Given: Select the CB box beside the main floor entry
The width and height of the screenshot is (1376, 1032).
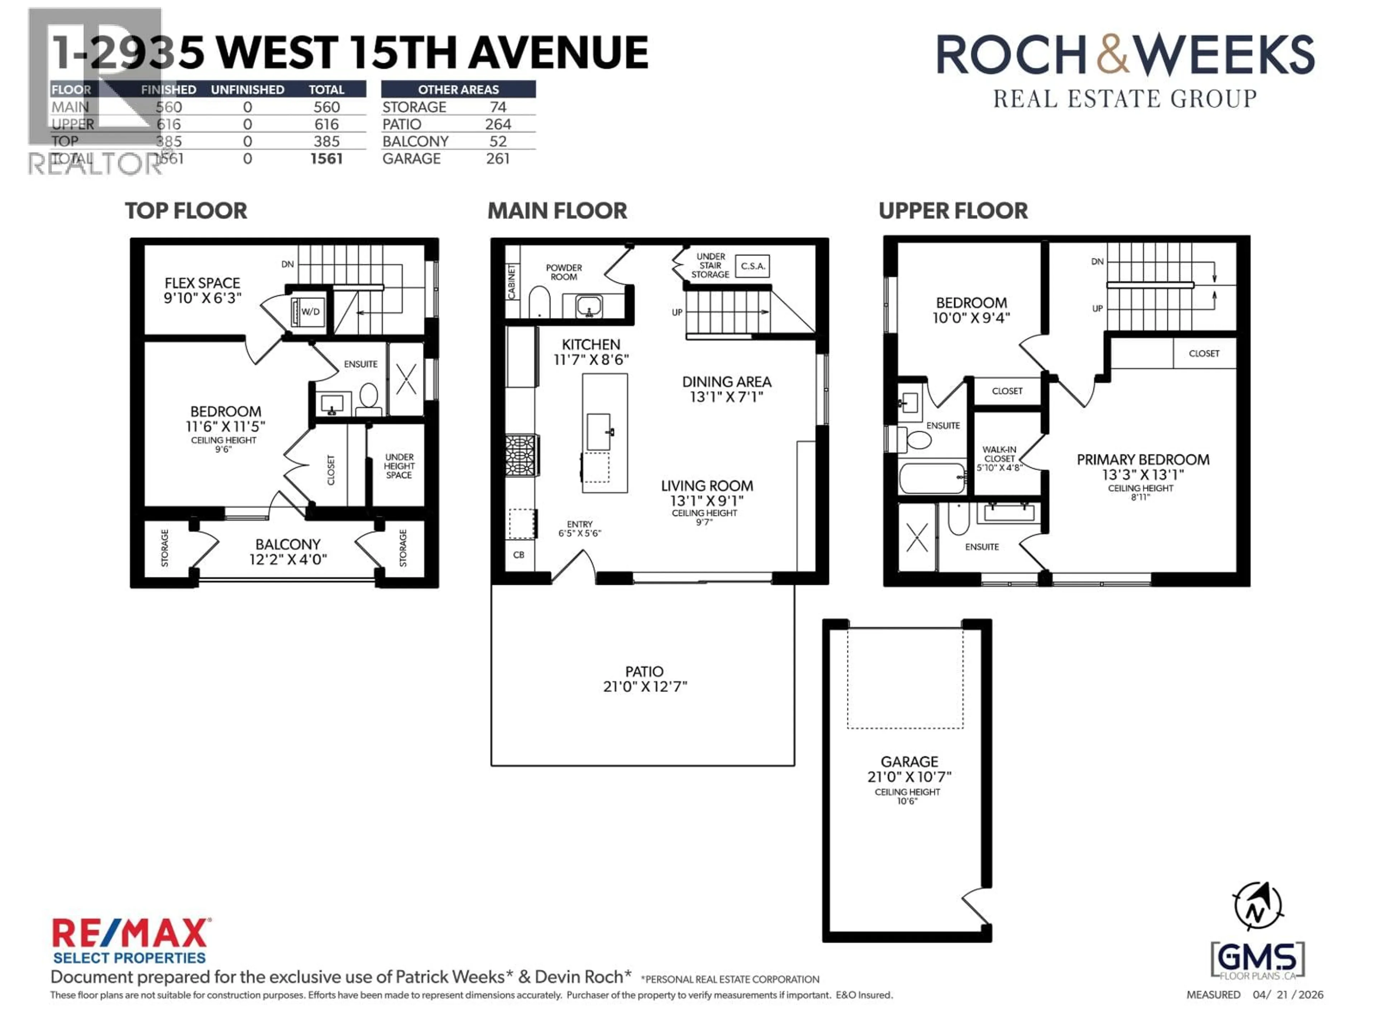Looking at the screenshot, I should (x=519, y=554).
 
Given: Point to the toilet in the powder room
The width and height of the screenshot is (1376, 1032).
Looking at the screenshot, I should (x=539, y=302).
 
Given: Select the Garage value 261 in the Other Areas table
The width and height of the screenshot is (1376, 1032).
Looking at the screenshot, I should (x=498, y=159).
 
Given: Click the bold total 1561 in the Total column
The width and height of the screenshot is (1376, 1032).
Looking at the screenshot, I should (x=326, y=159).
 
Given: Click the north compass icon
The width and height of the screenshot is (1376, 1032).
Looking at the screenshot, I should (x=1257, y=906).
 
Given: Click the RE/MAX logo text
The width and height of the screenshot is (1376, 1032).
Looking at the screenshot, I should (x=131, y=934).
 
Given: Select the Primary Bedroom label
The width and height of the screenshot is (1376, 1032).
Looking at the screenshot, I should (x=1143, y=460).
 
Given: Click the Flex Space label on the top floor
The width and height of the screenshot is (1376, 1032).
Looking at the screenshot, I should (x=202, y=283).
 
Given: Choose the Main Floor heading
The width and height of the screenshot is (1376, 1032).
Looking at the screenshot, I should (x=557, y=211).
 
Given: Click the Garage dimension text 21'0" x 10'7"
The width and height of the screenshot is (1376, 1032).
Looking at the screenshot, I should (x=909, y=777).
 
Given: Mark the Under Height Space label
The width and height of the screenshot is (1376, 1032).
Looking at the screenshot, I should (x=399, y=466).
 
